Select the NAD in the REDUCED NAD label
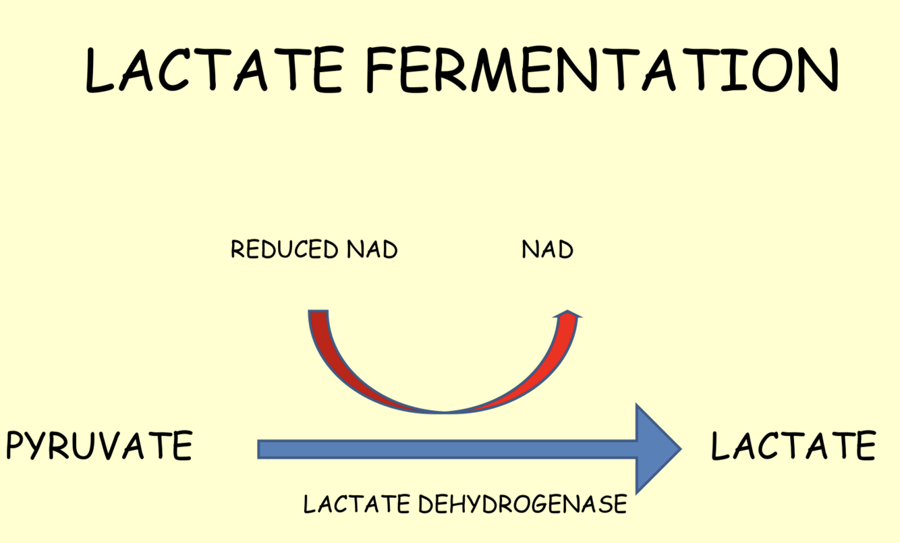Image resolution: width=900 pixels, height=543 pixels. (x=372, y=250)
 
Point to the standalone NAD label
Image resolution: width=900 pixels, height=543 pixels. (x=547, y=250)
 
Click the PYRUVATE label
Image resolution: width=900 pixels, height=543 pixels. (x=99, y=446)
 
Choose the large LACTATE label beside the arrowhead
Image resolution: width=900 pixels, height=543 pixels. (x=793, y=446)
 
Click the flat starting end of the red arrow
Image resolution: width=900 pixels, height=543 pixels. (x=318, y=312)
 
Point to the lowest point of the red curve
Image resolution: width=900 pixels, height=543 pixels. (x=445, y=410)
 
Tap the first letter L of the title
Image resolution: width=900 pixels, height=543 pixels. (x=102, y=70)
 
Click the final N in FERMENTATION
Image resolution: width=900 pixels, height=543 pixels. (x=816, y=70)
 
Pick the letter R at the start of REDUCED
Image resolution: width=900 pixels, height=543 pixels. (x=237, y=250)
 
